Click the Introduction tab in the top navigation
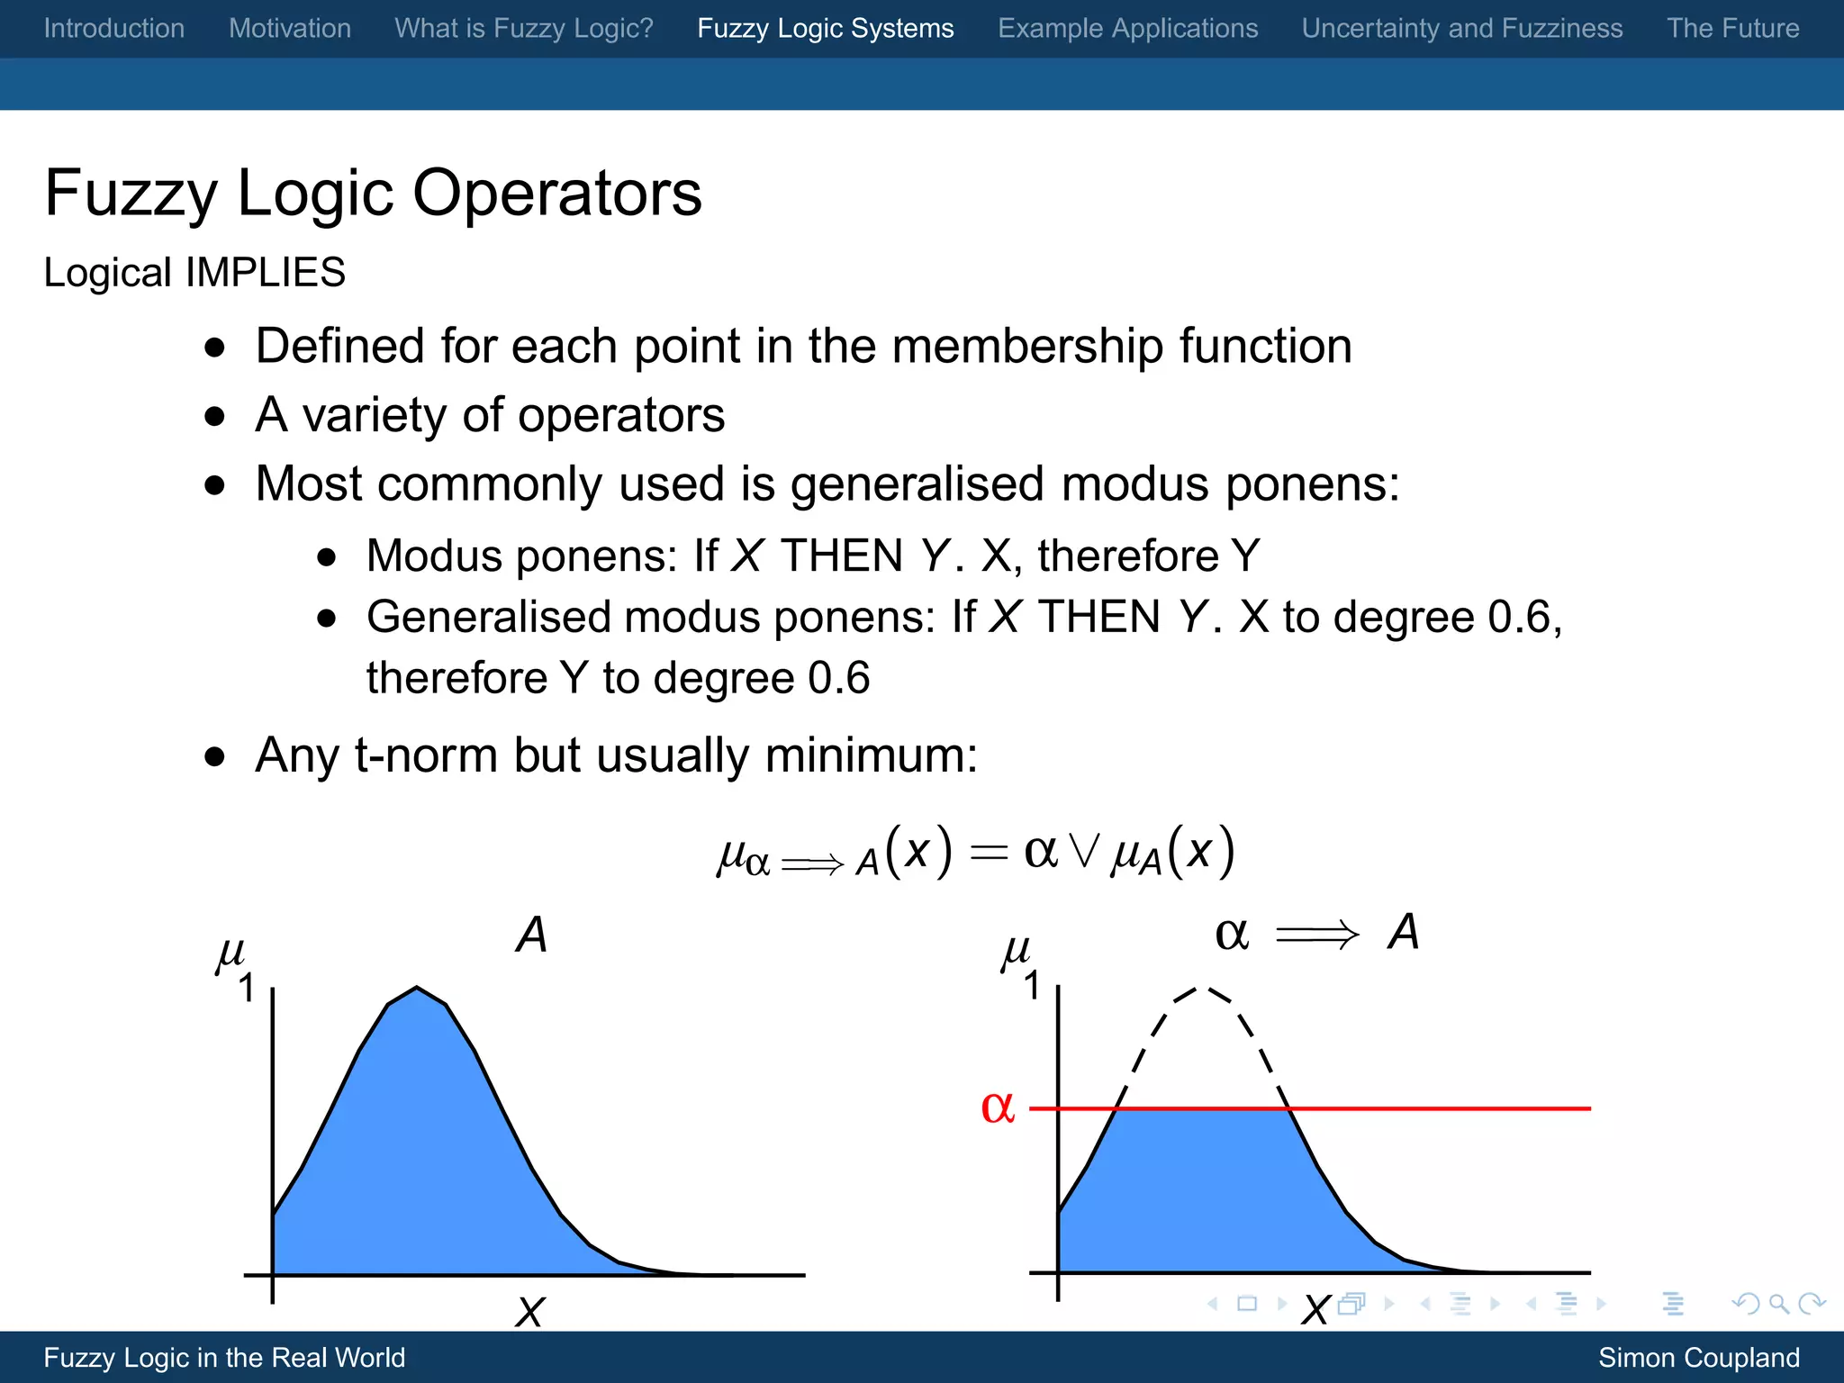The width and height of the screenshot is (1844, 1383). (x=114, y=28)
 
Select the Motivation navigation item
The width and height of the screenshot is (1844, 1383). (x=289, y=28)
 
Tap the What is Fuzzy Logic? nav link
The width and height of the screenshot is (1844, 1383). (x=523, y=28)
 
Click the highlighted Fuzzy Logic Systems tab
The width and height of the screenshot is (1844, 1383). (x=825, y=28)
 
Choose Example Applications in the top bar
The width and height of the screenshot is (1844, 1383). (x=1127, y=28)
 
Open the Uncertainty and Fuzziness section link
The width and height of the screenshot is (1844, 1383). (x=1461, y=28)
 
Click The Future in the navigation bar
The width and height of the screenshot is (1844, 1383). (x=1732, y=28)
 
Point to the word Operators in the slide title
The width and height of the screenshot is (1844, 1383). (x=556, y=193)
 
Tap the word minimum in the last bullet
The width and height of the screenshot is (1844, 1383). (x=870, y=755)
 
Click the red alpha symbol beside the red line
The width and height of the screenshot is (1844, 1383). (x=998, y=1107)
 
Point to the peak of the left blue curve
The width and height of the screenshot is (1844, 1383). (x=417, y=989)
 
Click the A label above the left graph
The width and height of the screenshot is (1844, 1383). (x=531, y=935)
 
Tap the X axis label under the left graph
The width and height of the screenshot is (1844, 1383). (x=530, y=1312)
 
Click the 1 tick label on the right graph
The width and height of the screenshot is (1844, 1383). (x=1033, y=986)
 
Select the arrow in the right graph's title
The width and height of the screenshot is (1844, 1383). (x=1316, y=935)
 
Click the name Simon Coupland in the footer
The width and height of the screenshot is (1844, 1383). (x=1698, y=1357)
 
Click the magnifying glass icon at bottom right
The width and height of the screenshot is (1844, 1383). (x=1778, y=1304)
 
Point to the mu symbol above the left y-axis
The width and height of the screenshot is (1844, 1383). (x=230, y=953)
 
